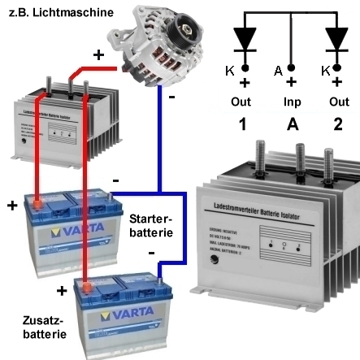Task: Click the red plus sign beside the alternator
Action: (98, 55)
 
